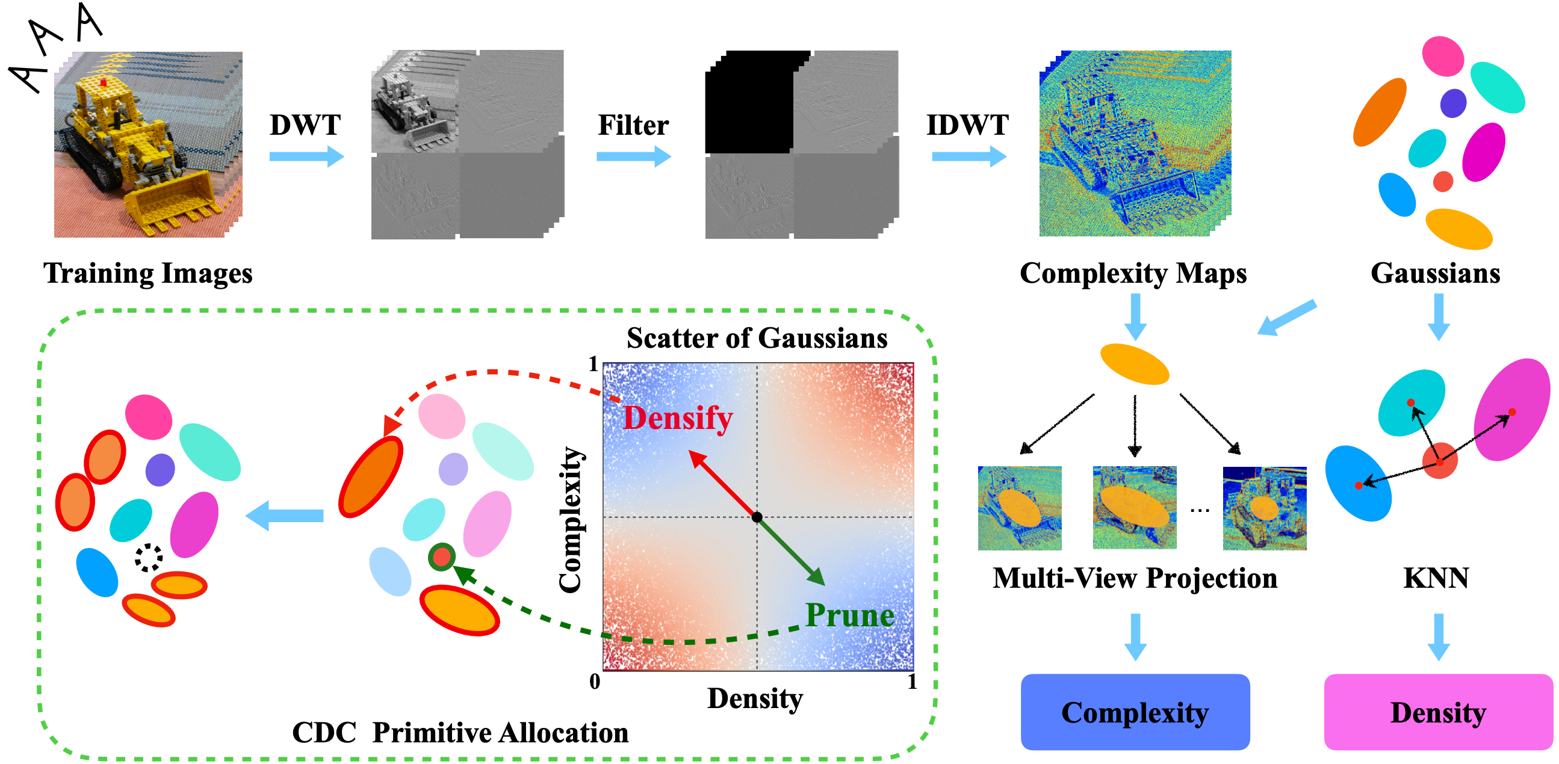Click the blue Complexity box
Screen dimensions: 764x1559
1135,712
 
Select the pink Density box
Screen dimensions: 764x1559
1438,712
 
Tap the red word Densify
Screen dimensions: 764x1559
678,418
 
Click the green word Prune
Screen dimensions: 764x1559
850,615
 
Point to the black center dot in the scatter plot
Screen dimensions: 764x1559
757,517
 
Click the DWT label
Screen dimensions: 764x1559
305,125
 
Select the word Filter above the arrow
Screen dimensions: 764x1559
633,125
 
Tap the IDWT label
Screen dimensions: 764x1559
967,125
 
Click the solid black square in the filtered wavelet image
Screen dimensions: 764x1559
749,102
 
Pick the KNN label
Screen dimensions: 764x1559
1436,578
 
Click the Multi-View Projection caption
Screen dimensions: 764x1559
1135,578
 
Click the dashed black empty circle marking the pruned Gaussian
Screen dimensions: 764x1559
148,558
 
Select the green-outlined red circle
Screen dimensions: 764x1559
442,556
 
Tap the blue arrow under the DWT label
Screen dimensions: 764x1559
306,156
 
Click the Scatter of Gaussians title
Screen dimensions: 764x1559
757,337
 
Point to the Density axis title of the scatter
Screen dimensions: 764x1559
755,698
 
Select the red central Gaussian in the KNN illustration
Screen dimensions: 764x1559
1439,461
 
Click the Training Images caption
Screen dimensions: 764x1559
147,274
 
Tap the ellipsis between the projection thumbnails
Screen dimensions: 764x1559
1200,511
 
